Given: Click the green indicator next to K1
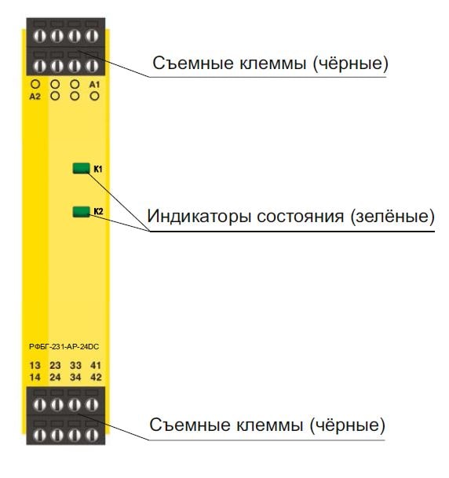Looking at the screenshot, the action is [x=81, y=168].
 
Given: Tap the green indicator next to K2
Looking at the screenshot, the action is [x=81, y=212].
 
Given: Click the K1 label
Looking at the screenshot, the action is [x=98, y=169].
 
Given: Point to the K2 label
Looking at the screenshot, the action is [x=98, y=211].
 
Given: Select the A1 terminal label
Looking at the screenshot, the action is [x=94, y=85].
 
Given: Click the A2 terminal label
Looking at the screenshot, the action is [x=35, y=97].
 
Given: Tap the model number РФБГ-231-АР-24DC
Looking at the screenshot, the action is [x=64, y=347].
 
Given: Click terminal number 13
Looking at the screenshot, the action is [x=35, y=365].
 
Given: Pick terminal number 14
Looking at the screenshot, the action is [x=35, y=377].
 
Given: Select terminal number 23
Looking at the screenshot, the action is [x=55, y=365].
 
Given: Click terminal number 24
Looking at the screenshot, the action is [x=55, y=377].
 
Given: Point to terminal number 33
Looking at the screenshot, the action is [x=75, y=365].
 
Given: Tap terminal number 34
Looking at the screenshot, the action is [x=75, y=377].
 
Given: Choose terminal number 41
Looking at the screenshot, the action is [x=96, y=365].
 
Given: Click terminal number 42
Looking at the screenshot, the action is [x=96, y=377].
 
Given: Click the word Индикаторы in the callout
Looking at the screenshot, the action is [x=199, y=216].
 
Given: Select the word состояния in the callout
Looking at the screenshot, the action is [x=300, y=217].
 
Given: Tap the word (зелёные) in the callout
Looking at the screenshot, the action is [x=392, y=217].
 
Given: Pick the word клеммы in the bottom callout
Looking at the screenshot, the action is [x=270, y=425].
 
